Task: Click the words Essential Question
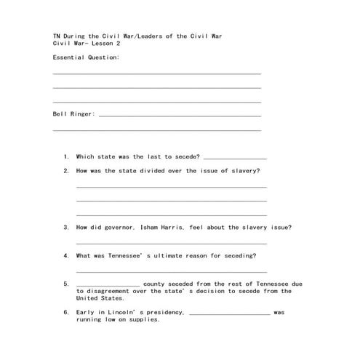[87, 57]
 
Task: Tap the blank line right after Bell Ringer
[179, 115]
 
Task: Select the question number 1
[66, 156]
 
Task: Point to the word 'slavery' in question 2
[244, 171]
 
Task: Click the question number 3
[66, 227]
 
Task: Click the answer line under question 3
[171, 243]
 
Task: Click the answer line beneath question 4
[171, 271]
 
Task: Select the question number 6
[66, 312]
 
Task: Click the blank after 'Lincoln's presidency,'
[229, 313]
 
